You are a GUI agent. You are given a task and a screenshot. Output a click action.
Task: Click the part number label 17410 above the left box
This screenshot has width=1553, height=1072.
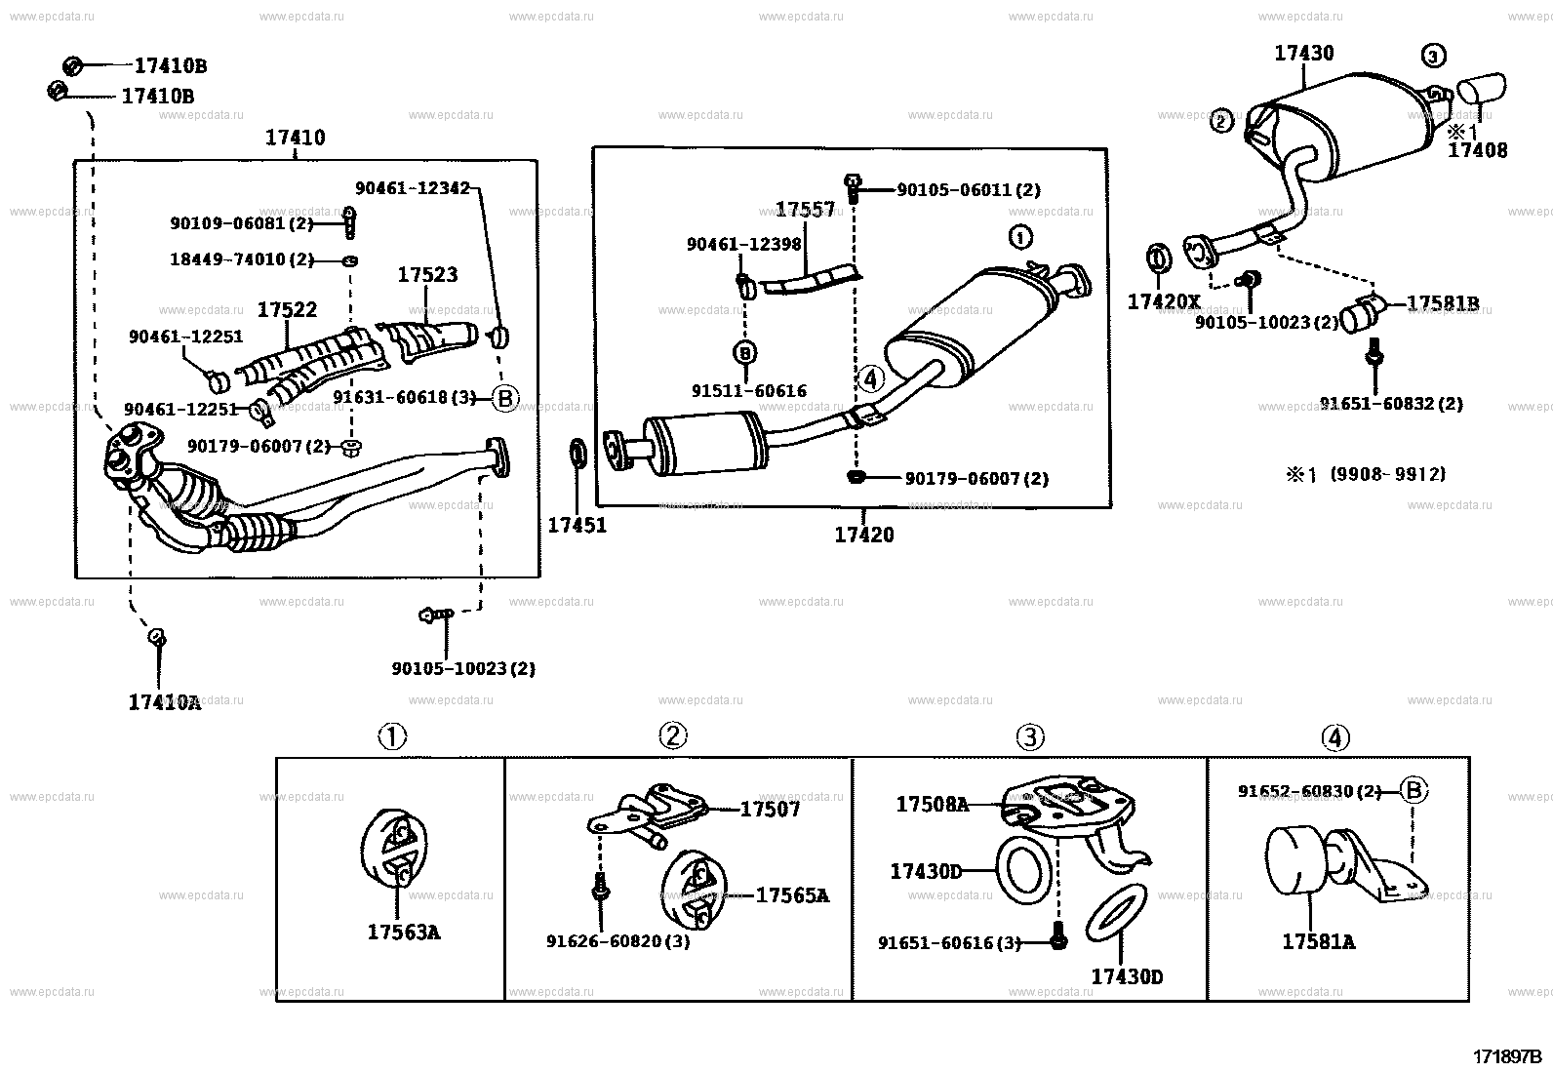[x=295, y=138]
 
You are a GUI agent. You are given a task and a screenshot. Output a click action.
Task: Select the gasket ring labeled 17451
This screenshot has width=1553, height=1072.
[x=577, y=455]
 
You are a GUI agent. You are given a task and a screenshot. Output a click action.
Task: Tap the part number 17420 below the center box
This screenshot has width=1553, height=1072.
[x=863, y=535]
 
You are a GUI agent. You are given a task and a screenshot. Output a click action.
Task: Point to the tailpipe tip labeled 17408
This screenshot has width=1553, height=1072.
[x=1481, y=91]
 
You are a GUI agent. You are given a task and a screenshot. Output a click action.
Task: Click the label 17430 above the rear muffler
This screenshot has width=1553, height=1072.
[x=1303, y=53]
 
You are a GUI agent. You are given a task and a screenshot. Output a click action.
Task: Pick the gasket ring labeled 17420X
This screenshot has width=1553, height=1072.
[x=1157, y=260]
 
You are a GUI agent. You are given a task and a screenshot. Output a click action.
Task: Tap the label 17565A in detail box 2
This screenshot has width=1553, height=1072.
[x=792, y=894]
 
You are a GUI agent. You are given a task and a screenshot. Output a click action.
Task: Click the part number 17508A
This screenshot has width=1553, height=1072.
[x=932, y=804]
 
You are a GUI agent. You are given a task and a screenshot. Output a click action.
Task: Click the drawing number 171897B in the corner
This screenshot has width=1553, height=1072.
[x=1506, y=1055]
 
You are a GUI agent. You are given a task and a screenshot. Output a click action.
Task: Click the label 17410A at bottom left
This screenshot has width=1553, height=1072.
[x=164, y=701]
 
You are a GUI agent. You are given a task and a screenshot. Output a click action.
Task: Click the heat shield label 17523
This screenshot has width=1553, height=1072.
[x=426, y=275]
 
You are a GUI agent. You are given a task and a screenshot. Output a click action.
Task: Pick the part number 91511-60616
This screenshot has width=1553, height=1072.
[x=748, y=390]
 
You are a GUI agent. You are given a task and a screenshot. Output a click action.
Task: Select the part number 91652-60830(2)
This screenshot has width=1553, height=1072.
[x=1309, y=791]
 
